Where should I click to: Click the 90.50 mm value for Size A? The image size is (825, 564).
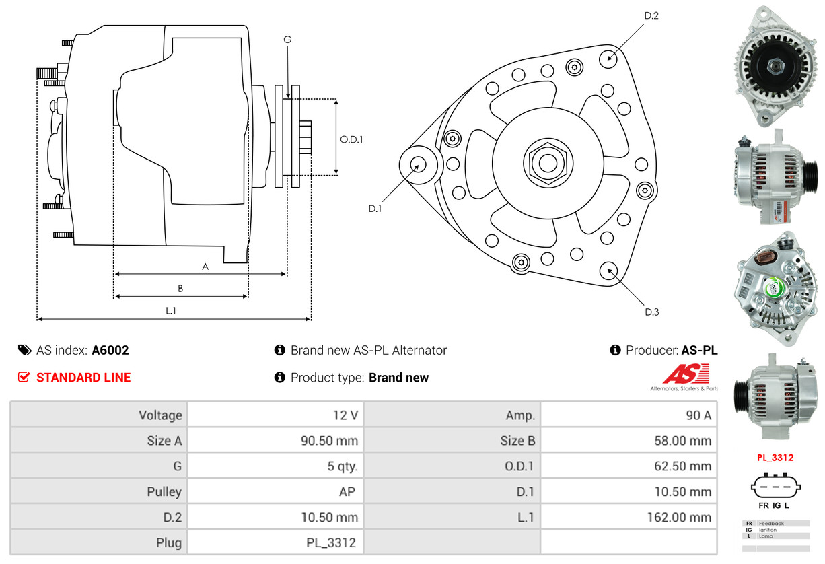click(329, 441)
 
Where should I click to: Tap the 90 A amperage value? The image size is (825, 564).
click(698, 415)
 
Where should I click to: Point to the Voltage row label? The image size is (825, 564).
click(160, 415)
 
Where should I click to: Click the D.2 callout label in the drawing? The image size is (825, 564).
click(651, 15)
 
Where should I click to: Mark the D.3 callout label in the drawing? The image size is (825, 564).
click(651, 312)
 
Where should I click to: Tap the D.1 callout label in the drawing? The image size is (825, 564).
click(375, 209)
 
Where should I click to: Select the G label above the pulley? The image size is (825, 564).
click(287, 40)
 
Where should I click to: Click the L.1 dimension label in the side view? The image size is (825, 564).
click(171, 310)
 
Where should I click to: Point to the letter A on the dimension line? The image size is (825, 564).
click(205, 267)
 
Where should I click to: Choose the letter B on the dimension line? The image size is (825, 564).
click(180, 289)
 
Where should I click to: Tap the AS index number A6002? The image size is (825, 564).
click(110, 350)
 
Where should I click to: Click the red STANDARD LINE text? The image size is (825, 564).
click(83, 378)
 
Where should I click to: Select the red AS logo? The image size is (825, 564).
click(686, 374)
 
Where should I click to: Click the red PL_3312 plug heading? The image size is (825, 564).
click(775, 458)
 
